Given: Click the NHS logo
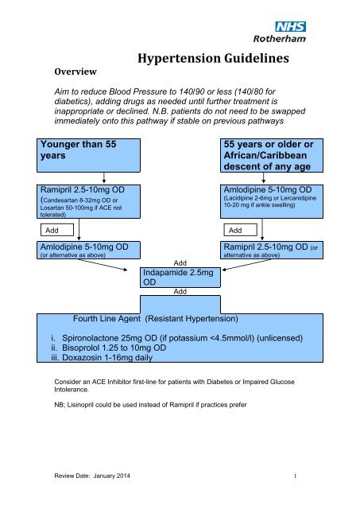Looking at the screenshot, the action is click(290, 26).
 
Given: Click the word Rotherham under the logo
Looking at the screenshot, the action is click(280, 39).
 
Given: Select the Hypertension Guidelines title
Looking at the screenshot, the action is click(213, 58).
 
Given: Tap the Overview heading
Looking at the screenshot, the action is click(75, 72).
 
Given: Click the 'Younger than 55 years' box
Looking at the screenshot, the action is click(88, 156).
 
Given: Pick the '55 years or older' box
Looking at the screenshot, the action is click(272, 156).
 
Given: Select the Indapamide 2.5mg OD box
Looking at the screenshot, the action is click(180, 278).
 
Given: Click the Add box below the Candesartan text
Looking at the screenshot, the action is click(57, 230).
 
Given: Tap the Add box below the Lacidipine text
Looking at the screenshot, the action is click(240, 230).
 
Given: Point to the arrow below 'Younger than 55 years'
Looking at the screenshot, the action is click(104, 178).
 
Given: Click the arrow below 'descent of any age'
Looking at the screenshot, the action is click(263, 178).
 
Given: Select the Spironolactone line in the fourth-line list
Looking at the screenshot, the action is click(176, 338).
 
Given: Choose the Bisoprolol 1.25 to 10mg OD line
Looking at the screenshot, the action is click(108, 348).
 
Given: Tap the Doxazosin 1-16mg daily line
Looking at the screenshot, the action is click(102, 358).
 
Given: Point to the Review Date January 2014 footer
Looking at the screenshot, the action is click(92, 476).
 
